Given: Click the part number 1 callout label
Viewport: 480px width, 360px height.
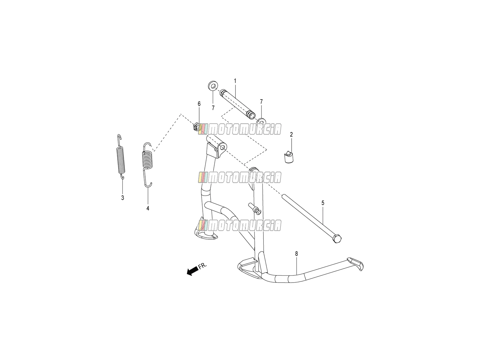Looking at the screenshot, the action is pos(235,81).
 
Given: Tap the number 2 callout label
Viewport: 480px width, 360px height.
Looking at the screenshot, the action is pos(291,135).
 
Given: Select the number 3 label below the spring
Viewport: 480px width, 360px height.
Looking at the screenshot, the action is pos(122,198).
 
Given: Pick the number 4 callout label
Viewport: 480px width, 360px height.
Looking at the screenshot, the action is pos(148,208).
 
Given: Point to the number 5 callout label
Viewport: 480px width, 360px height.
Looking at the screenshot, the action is pos(323,203).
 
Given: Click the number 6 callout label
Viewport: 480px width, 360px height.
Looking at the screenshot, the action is pos(199,104).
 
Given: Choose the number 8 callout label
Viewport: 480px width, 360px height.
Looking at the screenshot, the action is pos(296,254).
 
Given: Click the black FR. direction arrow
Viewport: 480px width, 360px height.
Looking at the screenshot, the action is pos(192,272).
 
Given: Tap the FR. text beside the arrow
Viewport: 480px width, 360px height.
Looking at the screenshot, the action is pos(202,266).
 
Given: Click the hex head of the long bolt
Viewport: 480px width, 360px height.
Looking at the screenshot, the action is pos(337,239).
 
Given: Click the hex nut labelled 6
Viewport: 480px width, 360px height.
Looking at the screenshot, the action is pos(196,127).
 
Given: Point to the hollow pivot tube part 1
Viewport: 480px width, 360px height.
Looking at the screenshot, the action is pos(238,104).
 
